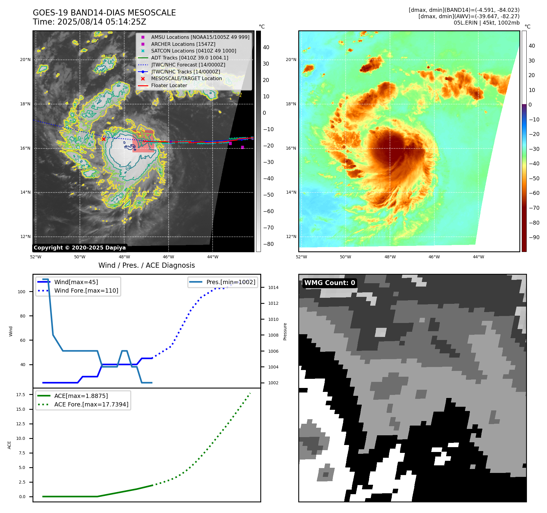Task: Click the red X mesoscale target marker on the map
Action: click(x=104, y=139)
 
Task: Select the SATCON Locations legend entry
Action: click(x=193, y=51)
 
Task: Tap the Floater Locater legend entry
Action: click(x=169, y=85)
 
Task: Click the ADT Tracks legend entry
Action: click(x=190, y=58)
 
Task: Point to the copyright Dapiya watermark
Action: click(x=80, y=248)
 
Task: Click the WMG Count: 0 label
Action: click(x=330, y=283)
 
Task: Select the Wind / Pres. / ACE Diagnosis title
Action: click(x=146, y=265)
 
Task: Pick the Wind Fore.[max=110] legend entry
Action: click(x=86, y=290)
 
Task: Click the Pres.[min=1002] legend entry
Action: click(x=231, y=282)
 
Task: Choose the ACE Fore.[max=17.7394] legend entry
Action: click(x=91, y=404)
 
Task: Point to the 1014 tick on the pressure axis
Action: click(x=273, y=287)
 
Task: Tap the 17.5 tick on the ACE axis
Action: click(x=21, y=395)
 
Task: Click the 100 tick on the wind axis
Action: click(x=22, y=292)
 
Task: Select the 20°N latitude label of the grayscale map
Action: click(x=25, y=59)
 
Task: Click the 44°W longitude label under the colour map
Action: click(x=478, y=257)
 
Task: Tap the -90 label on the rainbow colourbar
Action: click(x=534, y=237)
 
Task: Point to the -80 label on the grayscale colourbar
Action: click(x=268, y=244)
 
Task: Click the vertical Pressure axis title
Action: click(x=285, y=331)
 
